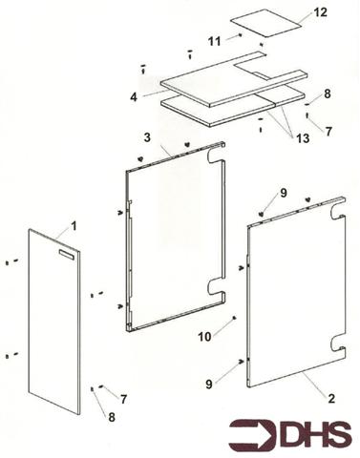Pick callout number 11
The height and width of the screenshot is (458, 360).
pyautogui.click(x=215, y=39)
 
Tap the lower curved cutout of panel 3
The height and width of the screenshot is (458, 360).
pyautogui.click(x=216, y=286)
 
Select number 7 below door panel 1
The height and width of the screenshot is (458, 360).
pyautogui.click(x=122, y=396)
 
